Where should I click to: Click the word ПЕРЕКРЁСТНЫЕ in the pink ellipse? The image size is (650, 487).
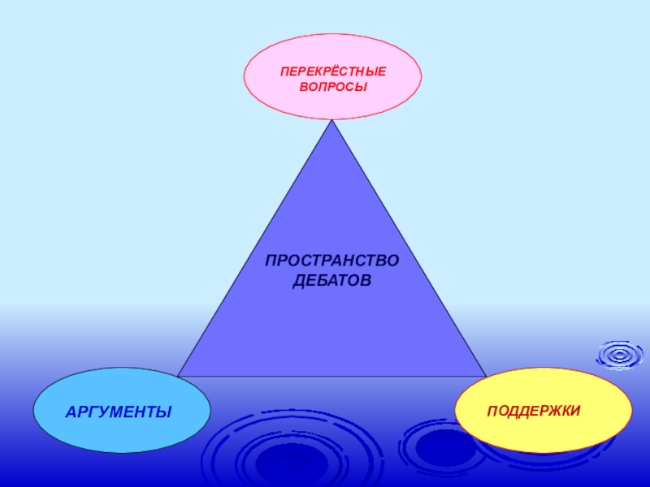[x=333, y=71]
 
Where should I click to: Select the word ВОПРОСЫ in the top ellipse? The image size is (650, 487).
[x=333, y=86]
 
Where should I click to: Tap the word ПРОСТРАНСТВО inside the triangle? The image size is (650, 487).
[x=333, y=263]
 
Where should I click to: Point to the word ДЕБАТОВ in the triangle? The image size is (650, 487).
[x=331, y=281]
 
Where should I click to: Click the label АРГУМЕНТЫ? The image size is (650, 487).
[x=119, y=412]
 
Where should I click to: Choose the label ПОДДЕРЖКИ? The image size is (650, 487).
[x=534, y=411]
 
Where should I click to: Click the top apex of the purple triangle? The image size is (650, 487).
[x=332, y=122]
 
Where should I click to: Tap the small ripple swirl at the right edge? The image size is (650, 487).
[x=620, y=355]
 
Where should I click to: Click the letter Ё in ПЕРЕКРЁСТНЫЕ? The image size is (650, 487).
[x=330, y=71]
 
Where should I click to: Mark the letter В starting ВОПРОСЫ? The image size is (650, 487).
[x=303, y=86]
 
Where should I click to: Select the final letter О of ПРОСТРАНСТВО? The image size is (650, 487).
[x=394, y=263]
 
